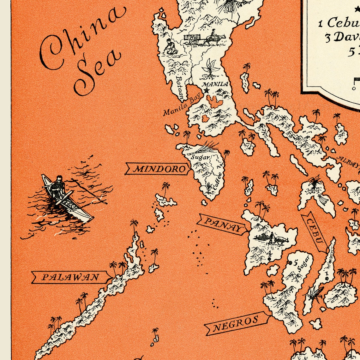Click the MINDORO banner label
tap(159, 169)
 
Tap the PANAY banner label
tap(222, 224)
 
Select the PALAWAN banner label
tap(71, 278)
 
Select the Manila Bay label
tap(178, 106)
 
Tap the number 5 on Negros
tap(296, 262)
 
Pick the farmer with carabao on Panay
tap(271, 238)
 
